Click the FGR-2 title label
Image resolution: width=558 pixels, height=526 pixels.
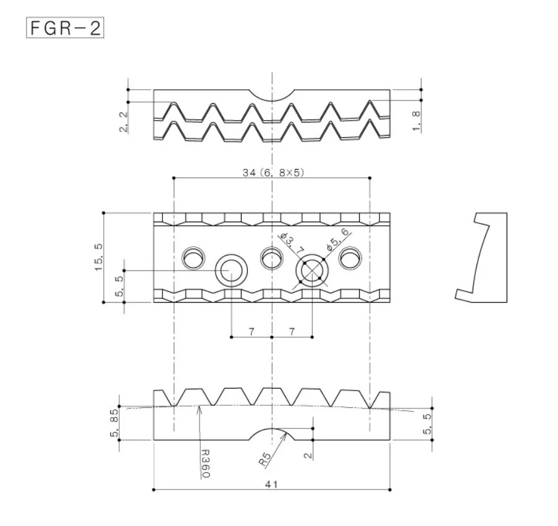[64, 28]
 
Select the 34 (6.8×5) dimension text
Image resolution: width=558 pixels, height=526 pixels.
[272, 173]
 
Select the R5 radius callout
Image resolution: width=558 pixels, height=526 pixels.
[265, 459]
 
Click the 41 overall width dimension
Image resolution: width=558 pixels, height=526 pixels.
[271, 485]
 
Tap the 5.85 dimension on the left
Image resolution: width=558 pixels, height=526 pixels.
[115, 425]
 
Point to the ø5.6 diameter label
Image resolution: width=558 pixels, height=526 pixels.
[337, 239]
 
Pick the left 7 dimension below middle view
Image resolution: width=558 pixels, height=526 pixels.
[252, 332]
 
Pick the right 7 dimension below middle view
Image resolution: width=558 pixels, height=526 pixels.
[292, 332]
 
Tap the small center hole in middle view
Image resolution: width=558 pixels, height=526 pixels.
[271, 257]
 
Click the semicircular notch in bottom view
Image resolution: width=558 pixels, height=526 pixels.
[272, 434]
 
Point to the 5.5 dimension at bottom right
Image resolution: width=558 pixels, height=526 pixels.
[428, 425]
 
